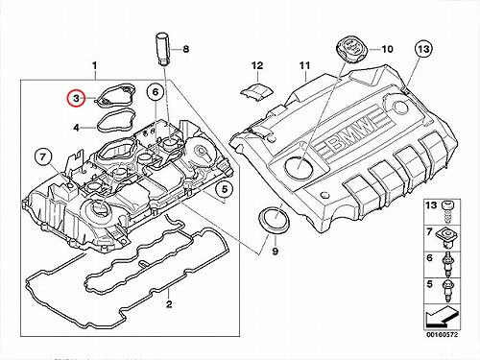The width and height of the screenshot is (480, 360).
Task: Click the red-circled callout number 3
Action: (76, 99)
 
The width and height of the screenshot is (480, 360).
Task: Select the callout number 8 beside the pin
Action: (185, 49)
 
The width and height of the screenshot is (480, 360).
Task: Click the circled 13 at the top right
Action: (423, 49)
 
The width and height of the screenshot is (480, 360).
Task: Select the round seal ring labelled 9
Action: (275, 220)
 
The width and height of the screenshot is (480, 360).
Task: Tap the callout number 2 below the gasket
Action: (169, 303)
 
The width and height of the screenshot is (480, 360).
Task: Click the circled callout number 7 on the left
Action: (43, 157)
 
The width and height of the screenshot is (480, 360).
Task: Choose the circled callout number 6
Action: (156, 92)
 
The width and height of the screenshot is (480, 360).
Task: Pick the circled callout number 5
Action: (225, 189)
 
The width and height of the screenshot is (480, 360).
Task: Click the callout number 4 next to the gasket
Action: (76, 128)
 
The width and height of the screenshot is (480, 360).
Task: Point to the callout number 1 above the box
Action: (94, 65)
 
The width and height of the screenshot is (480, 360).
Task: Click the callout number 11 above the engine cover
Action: (305, 65)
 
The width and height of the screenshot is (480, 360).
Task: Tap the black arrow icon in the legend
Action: (442, 316)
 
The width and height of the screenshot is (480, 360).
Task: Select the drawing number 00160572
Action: (442, 335)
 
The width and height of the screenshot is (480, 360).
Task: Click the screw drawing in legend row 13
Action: (447, 212)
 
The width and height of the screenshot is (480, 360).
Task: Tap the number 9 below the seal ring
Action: (276, 252)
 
